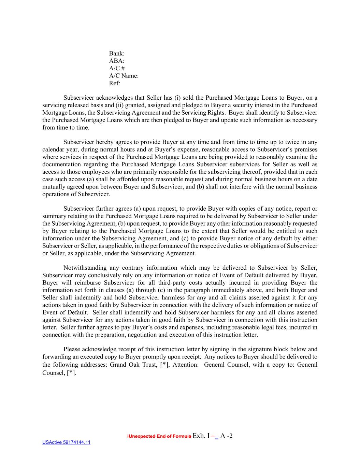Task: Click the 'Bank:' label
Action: point(117,54)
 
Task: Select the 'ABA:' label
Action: point(117,61)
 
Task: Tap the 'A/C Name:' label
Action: point(124,76)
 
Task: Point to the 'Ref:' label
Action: point(115,83)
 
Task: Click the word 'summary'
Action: point(54,216)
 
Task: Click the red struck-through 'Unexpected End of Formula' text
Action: point(159,437)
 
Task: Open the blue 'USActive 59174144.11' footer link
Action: point(66,443)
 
